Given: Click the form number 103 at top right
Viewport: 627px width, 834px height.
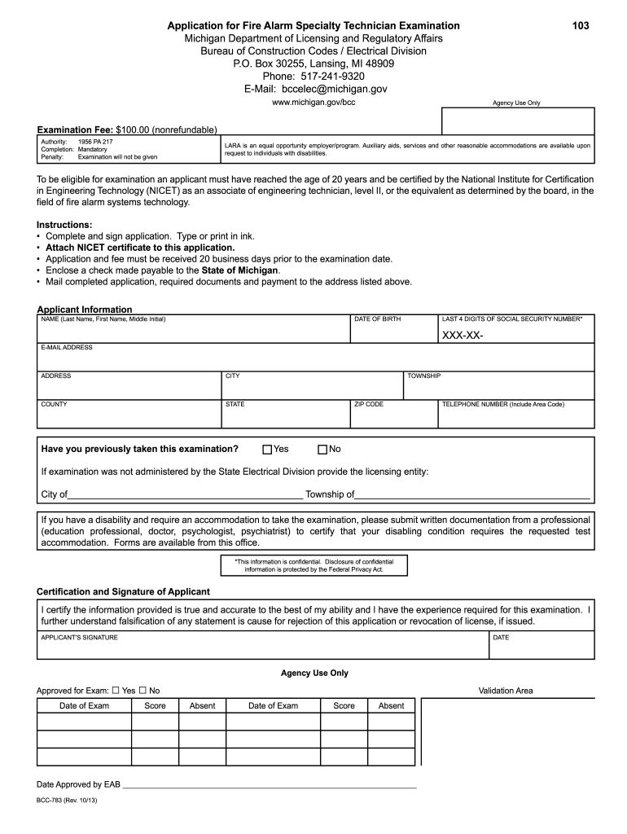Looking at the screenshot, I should [x=580, y=26].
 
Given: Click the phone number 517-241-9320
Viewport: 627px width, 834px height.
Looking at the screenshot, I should [x=313, y=76].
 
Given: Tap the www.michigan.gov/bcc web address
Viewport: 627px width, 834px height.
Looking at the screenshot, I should [x=313, y=103].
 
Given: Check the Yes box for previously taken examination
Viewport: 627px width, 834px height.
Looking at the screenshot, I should [x=267, y=450].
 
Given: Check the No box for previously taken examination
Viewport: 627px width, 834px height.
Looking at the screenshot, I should [x=322, y=450].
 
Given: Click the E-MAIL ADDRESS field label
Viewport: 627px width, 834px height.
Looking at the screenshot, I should [x=67, y=348].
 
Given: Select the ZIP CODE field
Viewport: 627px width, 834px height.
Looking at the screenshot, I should [x=394, y=414].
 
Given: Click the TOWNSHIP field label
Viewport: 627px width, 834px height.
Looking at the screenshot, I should [x=424, y=376].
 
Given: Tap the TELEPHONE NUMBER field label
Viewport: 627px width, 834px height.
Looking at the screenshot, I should [x=502, y=404].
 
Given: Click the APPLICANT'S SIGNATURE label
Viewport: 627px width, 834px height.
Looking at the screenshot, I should [x=79, y=637].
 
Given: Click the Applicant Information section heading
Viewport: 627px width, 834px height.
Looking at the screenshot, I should [x=85, y=309].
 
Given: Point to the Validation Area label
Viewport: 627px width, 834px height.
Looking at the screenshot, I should [x=506, y=691].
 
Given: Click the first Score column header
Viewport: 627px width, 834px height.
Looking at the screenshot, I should [x=155, y=705].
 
